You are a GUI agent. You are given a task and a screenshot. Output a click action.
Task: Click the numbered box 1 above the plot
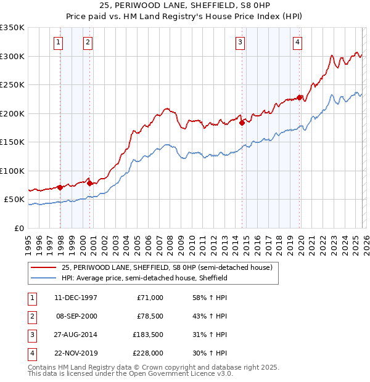tap(58, 43)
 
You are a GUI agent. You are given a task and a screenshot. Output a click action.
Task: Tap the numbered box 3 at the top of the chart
tap(239, 43)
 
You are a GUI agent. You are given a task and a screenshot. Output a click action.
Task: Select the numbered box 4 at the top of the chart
tap(297, 43)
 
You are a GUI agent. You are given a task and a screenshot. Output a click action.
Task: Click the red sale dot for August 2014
tap(242, 123)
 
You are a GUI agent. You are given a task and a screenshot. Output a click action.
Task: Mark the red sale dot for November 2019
tap(299, 97)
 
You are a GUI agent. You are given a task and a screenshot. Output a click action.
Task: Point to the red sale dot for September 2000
tap(90, 183)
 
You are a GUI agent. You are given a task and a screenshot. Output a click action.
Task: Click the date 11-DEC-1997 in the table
tap(75, 298)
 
